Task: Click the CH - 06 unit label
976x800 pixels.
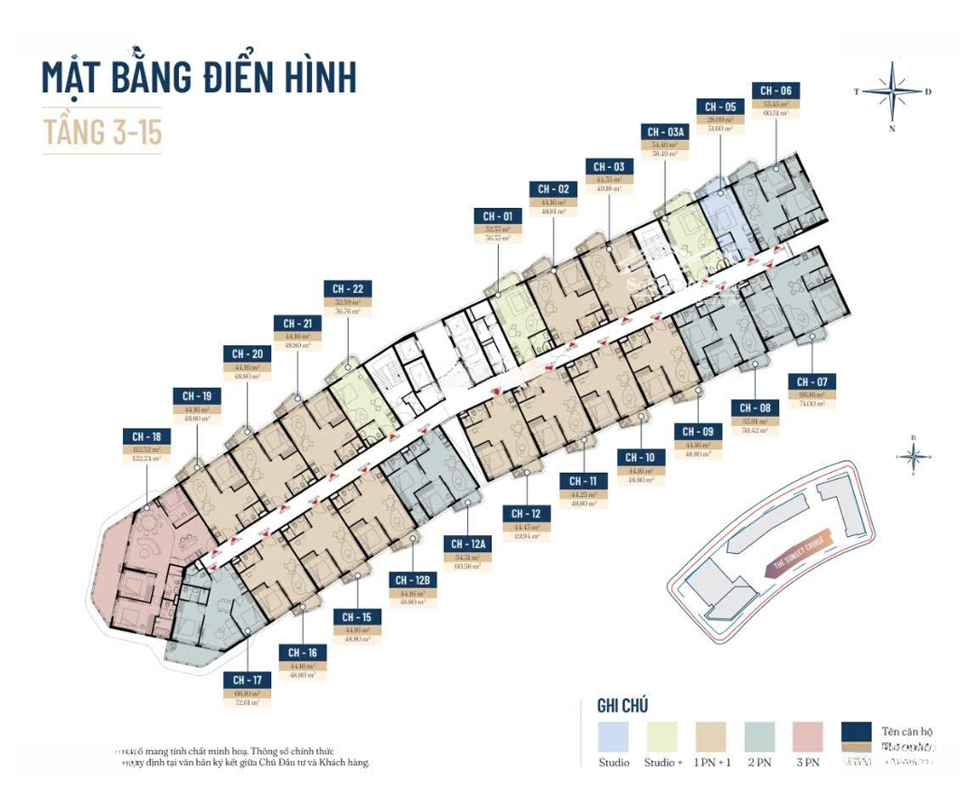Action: pyautogui.click(x=775, y=90)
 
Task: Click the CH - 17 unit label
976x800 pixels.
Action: pyautogui.click(x=247, y=680)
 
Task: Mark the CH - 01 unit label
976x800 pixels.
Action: pyautogui.click(x=497, y=216)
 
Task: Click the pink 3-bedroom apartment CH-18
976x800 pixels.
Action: pyautogui.click(x=136, y=569)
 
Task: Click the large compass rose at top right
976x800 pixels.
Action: pyautogui.click(x=893, y=91)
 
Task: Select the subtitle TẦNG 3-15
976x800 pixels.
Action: pyautogui.click(x=102, y=131)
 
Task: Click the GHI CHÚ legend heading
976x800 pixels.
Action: pyautogui.click(x=623, y=705)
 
